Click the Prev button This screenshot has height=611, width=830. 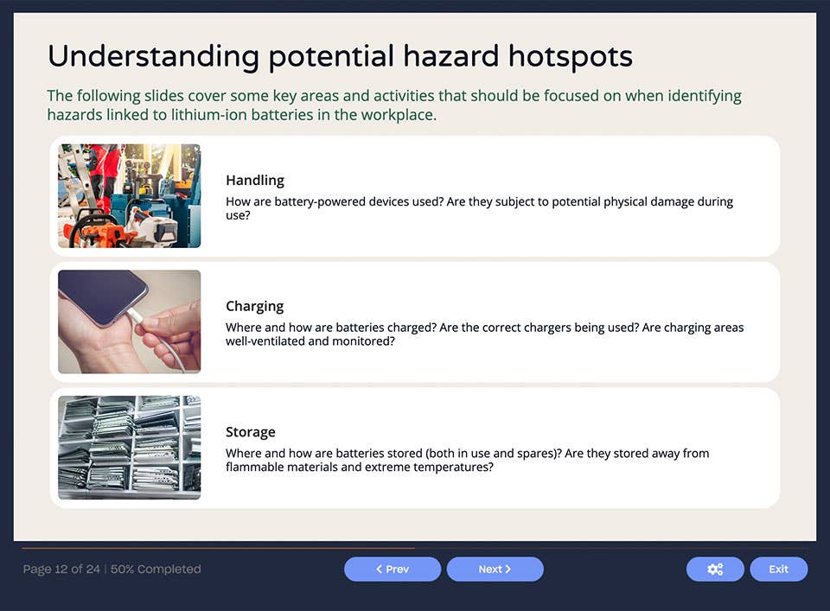(x=393, y=569)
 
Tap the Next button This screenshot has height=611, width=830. (x=495, y=569)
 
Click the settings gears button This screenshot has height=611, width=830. (x=715, y=569)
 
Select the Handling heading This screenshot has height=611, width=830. (x=255, y=180)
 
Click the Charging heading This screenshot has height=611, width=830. (x=254, y=306)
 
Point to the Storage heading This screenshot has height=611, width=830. (x=251, y=431)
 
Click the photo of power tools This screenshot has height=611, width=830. (x=129, y=196)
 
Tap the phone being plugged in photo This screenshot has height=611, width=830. (x=129, y=321)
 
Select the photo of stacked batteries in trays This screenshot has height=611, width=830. (x=129, y=448)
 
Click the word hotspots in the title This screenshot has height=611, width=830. (x=570, y=57)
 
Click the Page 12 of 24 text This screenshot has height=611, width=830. (x=61, y=569)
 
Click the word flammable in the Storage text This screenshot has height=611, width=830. (x=258, y=468)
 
